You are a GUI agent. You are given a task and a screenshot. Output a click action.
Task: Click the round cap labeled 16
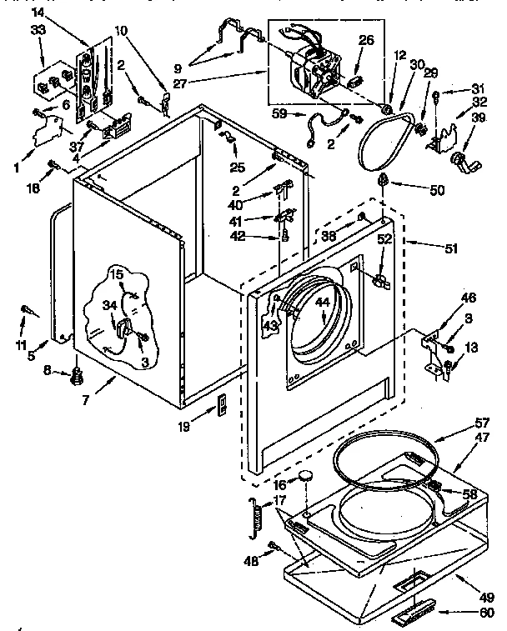coord(307,477)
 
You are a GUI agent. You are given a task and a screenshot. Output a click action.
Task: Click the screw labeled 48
coord(274,547)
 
